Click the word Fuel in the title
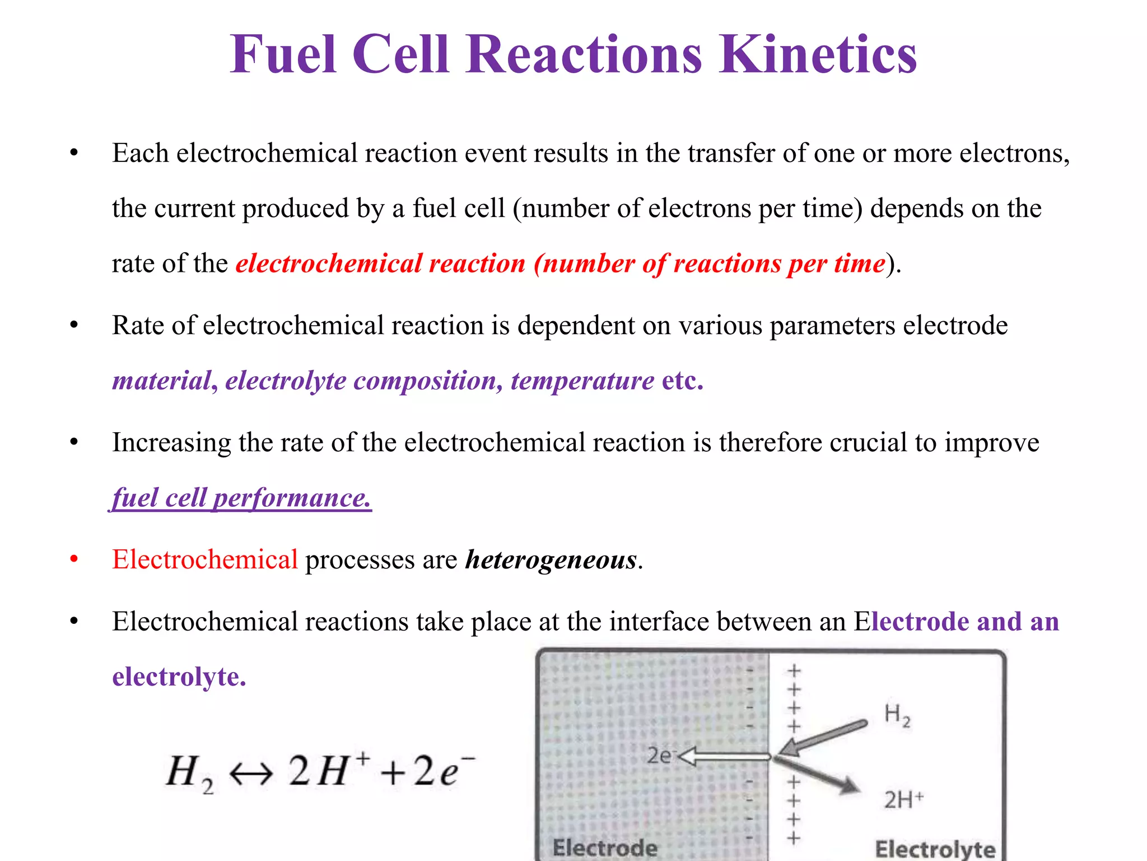(283, 54)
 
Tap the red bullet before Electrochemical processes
(74, 559)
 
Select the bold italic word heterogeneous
(551, 559)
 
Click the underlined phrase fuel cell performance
(241, 498)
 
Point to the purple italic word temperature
(582, 381)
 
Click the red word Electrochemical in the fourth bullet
(205, 559)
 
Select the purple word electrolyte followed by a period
(179, 677)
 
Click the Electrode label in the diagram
(605, 848)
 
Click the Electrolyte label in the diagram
(935, 849)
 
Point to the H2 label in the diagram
(897, 715)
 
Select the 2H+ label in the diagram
(903, 799)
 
